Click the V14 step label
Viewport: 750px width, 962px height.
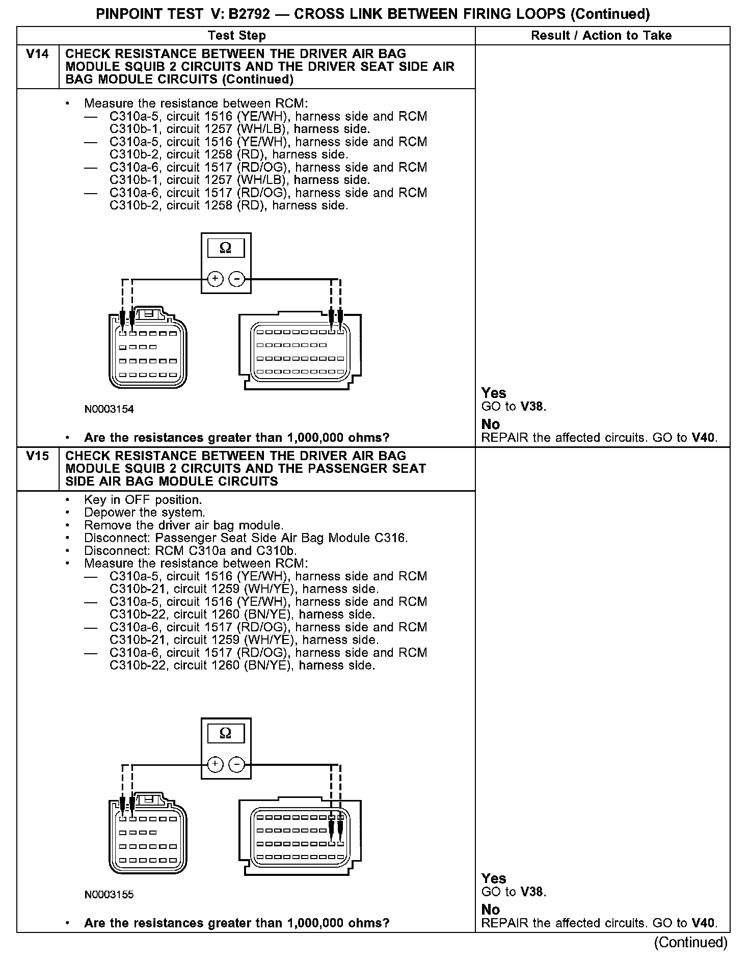click(x=38, y=54)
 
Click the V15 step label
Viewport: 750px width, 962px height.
click(x=38, y=456)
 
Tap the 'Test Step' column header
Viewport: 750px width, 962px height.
click(x=237, y=36)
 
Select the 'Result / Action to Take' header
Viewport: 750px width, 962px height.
click(x=601, y=36)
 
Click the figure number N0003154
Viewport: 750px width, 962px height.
click(x=109, y=409)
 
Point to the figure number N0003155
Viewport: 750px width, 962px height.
click(x=109, y=895)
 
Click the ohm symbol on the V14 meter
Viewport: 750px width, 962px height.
click(x=225, y=248)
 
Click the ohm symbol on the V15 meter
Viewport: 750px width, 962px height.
click(x=225, y=733)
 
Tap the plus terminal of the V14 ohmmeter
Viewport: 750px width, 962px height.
click(x=216, y=279)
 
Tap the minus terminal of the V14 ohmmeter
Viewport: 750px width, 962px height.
click(x=236, y=279)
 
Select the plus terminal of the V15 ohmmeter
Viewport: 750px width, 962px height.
click(x=216, y=764)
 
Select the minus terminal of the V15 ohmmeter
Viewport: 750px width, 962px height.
click(x=236, y=764)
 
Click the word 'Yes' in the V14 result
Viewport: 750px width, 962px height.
click(x=494, y=393)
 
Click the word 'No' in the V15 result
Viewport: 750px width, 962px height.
click(x=491, y=910)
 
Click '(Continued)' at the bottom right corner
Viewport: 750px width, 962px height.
click(x=691, y=942)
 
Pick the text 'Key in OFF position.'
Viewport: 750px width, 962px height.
click(x=143, y=500)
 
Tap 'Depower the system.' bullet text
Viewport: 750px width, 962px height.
click(x=145, y=513)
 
